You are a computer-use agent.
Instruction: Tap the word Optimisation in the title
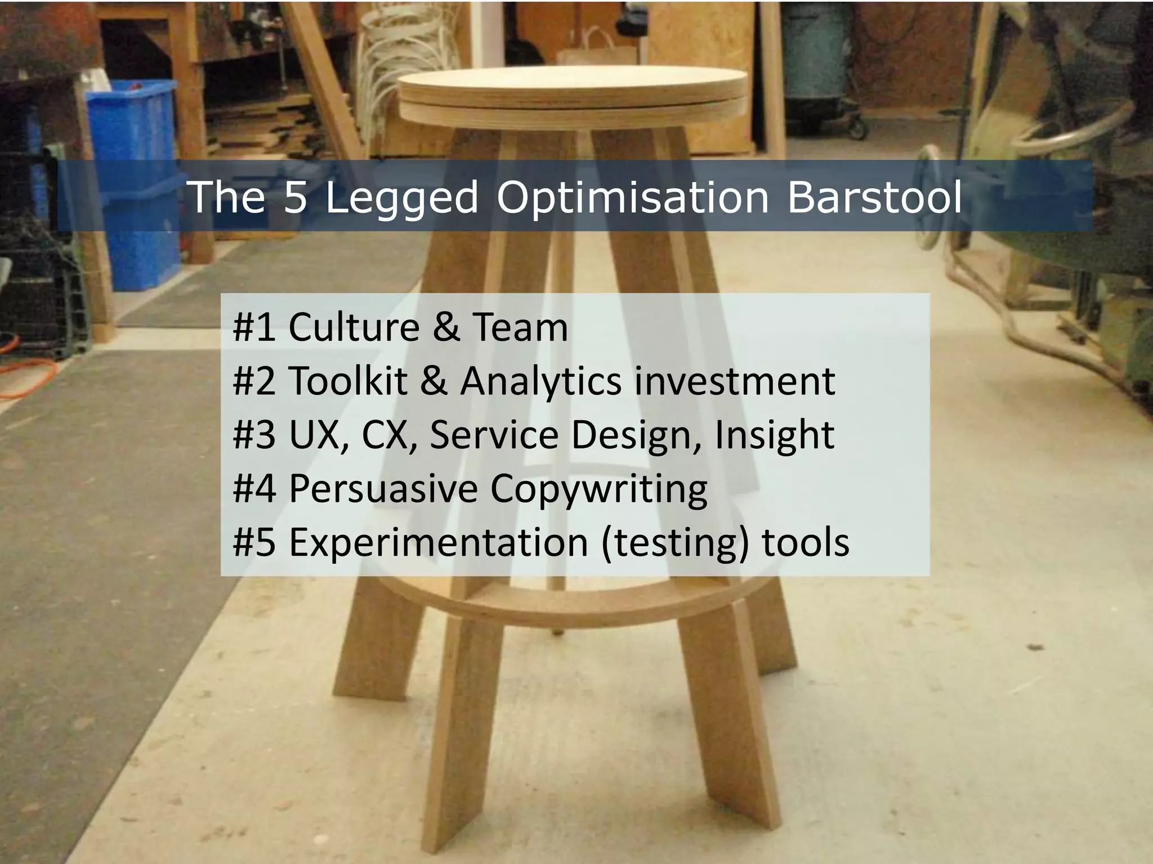point(632,198)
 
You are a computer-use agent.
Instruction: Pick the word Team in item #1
point(520,327)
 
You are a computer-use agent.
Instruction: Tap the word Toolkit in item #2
point(348,381)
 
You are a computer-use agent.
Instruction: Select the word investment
point(734,381)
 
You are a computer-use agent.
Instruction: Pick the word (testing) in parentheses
point(675,543)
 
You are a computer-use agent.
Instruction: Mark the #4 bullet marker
point(254,488)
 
